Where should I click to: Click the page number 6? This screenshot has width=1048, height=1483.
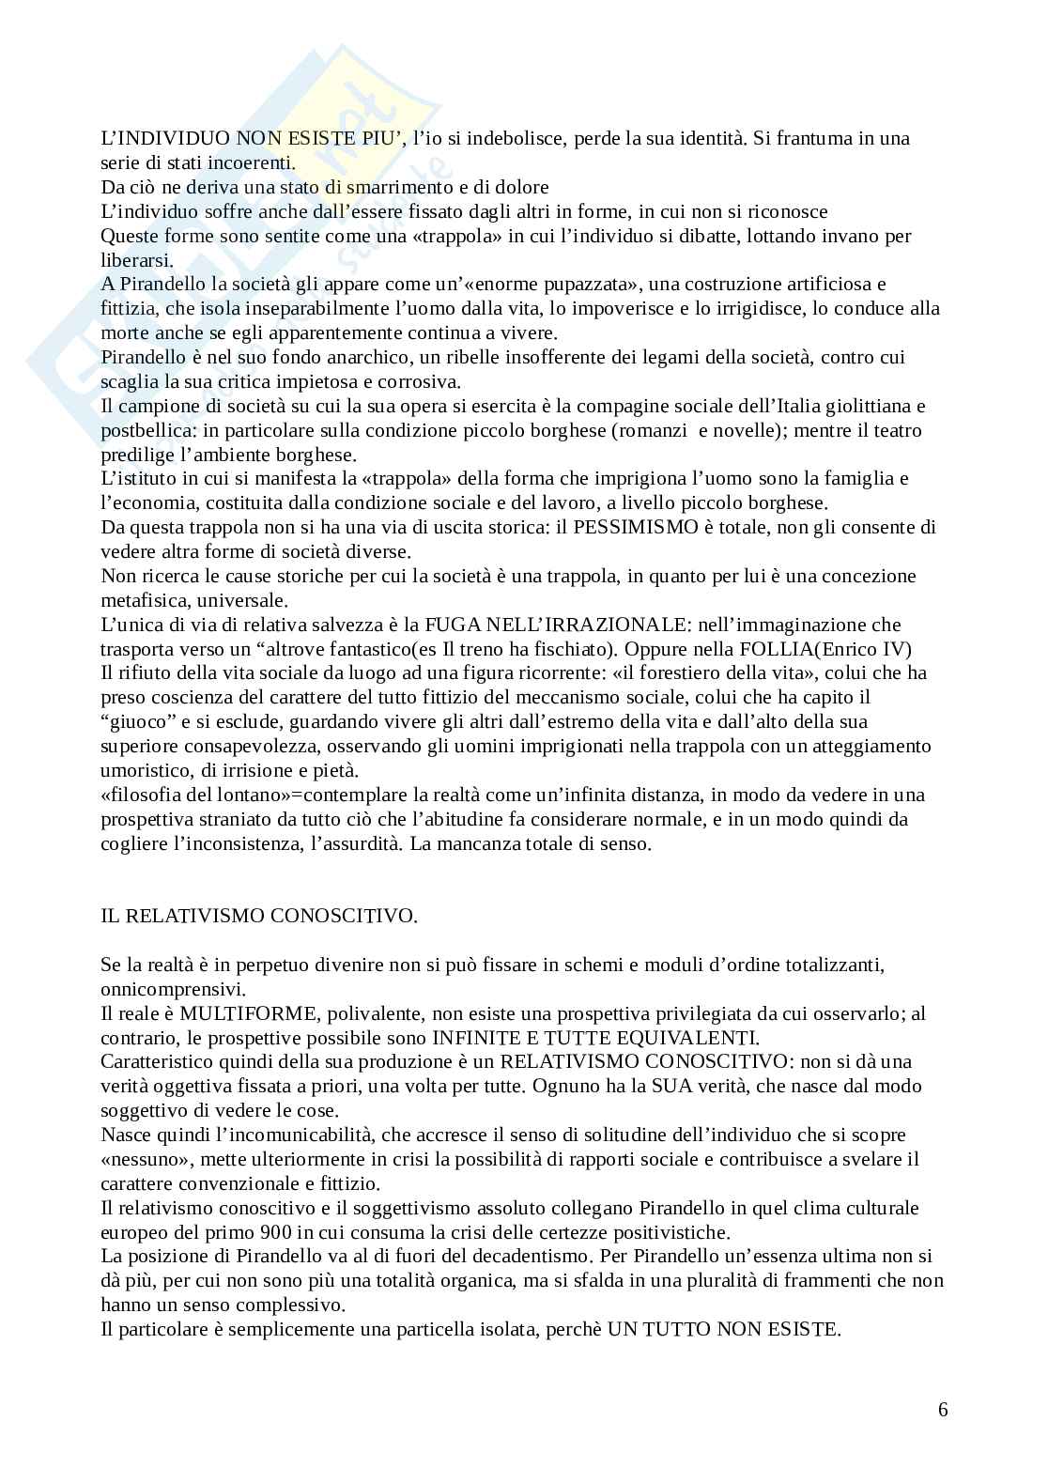[942, 1409]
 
